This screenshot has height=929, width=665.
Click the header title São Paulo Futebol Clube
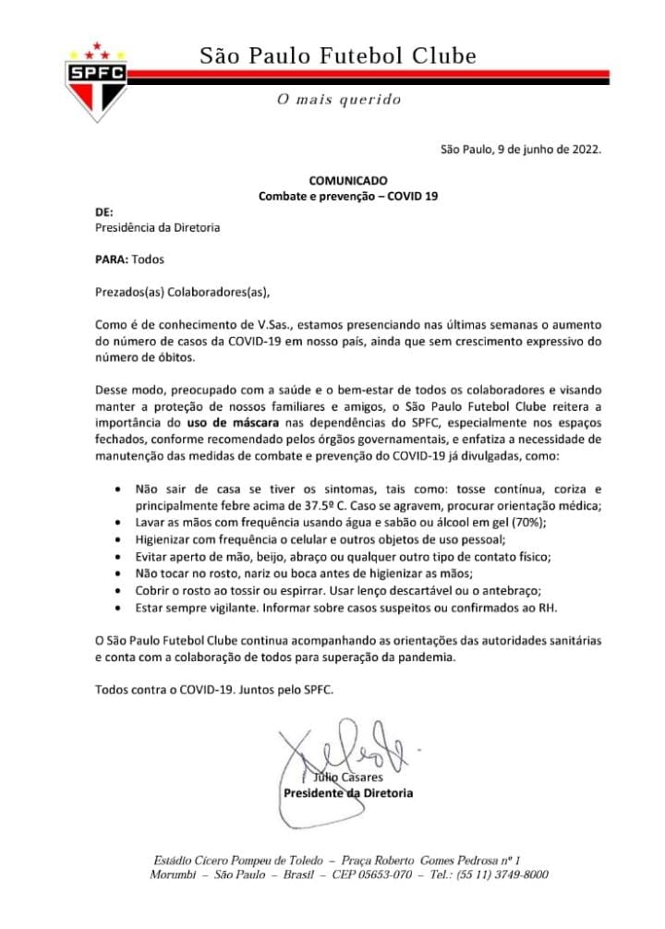(339, 56)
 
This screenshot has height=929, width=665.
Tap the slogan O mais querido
(339, 99)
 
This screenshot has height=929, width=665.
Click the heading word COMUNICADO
(349, 180)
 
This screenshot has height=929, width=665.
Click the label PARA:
(112, 260)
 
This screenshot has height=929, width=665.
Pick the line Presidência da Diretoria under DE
(158, 228)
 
